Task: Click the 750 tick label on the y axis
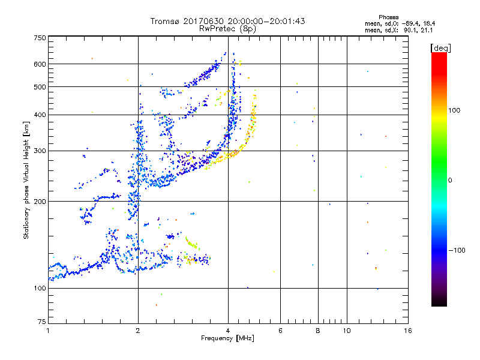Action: pyautogui.click(x=40, y=38)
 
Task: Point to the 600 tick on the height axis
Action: pyautogui.click(x=40, y=64)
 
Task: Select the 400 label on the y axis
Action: pyautogui.click(x=40, y=115)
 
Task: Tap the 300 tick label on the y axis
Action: pyautogui.click(x=40, y=151)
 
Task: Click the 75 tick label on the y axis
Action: pyautogui.click(x=41, y=322)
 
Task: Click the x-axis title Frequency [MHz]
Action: pyautogui.click(x=227, y=339)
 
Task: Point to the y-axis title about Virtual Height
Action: pyautogui.click(x=26, y=180)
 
